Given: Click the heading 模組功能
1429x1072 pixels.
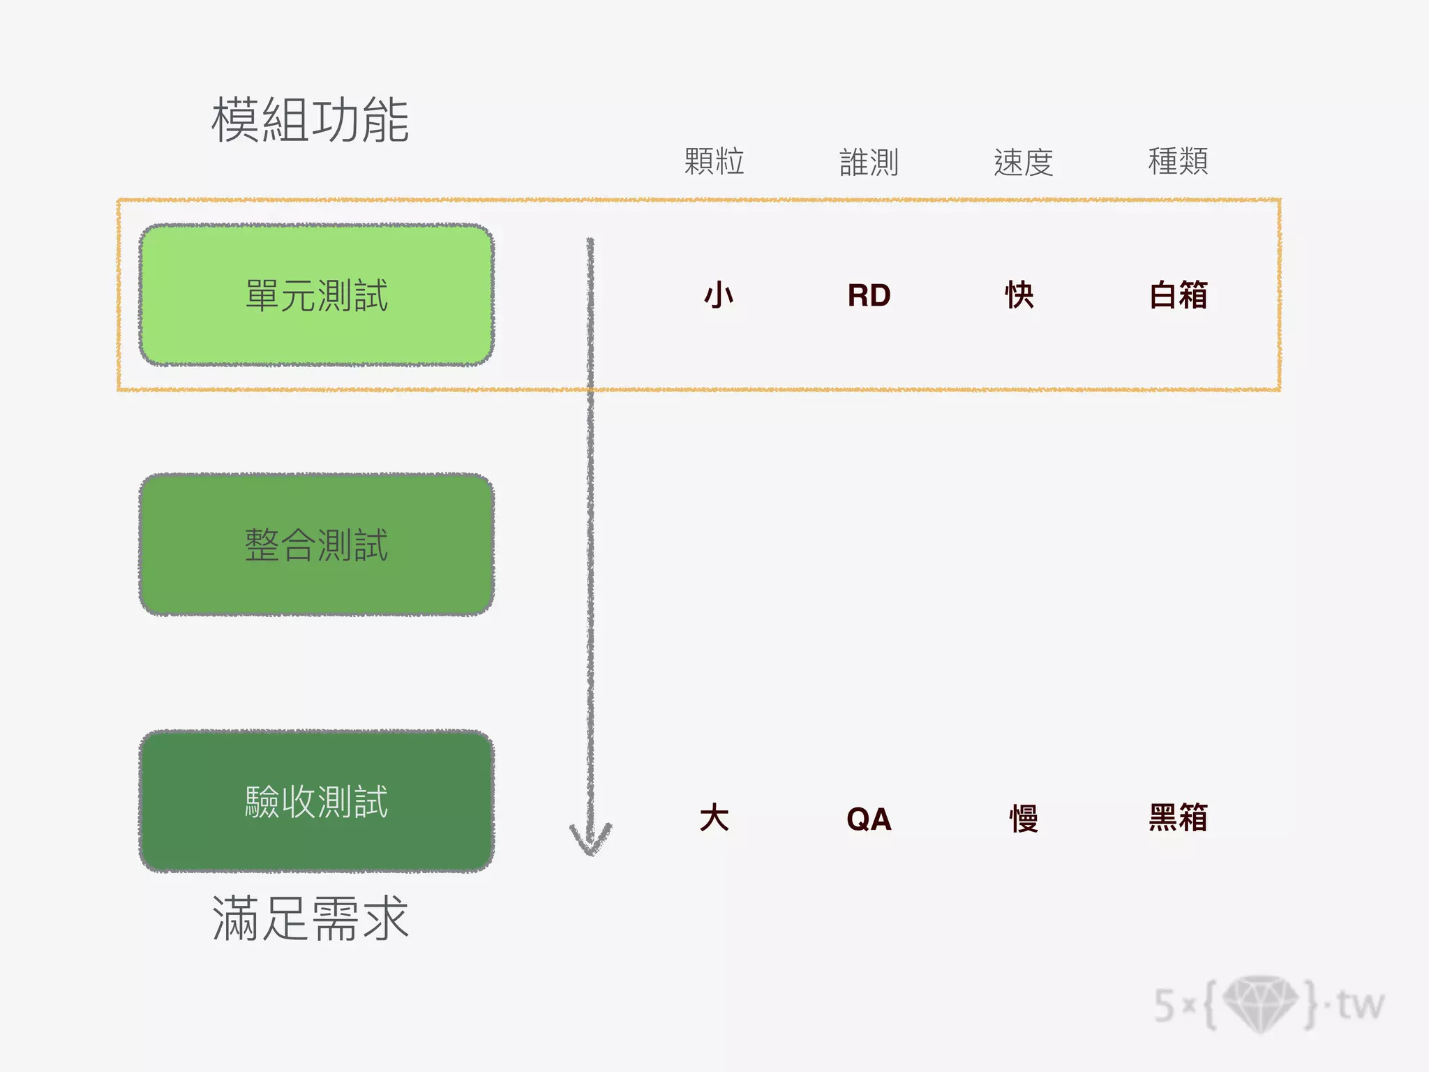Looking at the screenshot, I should click(x=310, y=120).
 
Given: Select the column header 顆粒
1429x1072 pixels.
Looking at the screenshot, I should click(x=714, y=162).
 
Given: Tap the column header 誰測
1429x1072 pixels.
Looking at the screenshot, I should click(x=869, y=162).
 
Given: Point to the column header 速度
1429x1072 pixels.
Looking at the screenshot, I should click(x=1023, y=162).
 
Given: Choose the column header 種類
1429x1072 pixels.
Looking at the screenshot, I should click(x=1178, y=162).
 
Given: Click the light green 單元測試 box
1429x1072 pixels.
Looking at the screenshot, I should click(x=317, y=295).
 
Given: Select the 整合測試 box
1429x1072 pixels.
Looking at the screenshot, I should click(x=317, y=544).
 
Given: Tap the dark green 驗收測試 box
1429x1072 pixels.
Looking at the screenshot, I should click(x=317, y=801).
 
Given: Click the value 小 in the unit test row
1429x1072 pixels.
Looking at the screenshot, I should click(x=718, y=295).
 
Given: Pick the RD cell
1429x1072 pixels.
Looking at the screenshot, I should click(x=869, y=295).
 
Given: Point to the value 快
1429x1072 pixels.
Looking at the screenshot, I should click(x=1019, y=295).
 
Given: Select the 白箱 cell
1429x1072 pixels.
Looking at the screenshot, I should click(x=1179, y=295).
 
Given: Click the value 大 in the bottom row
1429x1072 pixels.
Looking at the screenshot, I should click(x=714, y=818).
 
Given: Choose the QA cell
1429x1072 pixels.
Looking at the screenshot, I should click(x=869, y=819).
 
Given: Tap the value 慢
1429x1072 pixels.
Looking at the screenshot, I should click(x=1024, y=818).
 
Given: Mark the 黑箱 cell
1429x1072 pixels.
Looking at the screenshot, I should click(x=1179, y=818).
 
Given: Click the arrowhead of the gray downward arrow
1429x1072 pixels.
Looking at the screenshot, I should click(x=590, y=841).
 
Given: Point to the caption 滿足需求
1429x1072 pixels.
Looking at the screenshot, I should click(x=310, y=918).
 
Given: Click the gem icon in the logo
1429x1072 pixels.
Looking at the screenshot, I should click(x=1260, y=1004).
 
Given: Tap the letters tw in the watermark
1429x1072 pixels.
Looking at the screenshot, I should click(x=1360, y=1005).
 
